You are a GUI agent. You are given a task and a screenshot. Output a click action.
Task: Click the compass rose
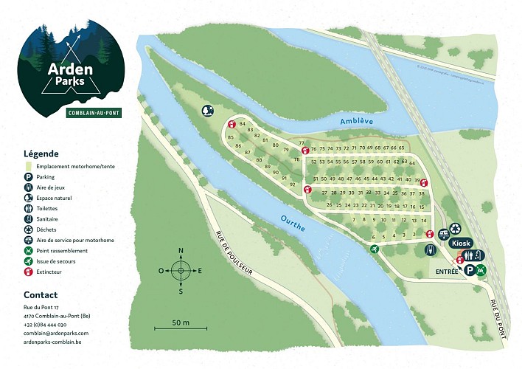(181, 270)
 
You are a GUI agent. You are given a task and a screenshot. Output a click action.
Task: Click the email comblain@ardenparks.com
(55, 334)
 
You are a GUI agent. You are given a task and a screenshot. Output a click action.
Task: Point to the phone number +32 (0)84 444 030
(45, 325)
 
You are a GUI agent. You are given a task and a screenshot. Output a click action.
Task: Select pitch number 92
(293, 184)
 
